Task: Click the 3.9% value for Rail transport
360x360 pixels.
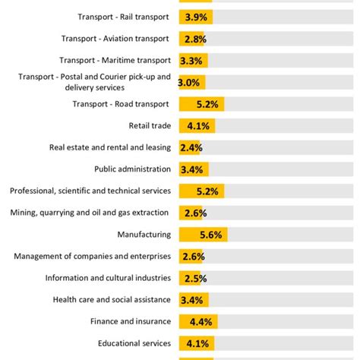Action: (x=196, y=17)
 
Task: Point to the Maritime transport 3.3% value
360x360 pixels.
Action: (x=193, y=61)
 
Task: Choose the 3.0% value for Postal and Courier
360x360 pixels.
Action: (x=189, y=83)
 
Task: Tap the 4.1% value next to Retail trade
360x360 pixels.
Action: (x=197, y=126)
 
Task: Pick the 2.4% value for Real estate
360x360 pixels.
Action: (x=191, y=148)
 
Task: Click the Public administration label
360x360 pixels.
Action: (x=132, y=169)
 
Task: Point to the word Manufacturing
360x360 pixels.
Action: (x=144, y=235)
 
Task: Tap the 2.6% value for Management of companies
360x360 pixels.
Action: (x=192, y=257)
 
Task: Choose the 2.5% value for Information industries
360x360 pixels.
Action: (x=191, y=279)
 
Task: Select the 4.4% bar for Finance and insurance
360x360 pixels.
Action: (x=198, y=322)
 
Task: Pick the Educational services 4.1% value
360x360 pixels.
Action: (x=197, y=343)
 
